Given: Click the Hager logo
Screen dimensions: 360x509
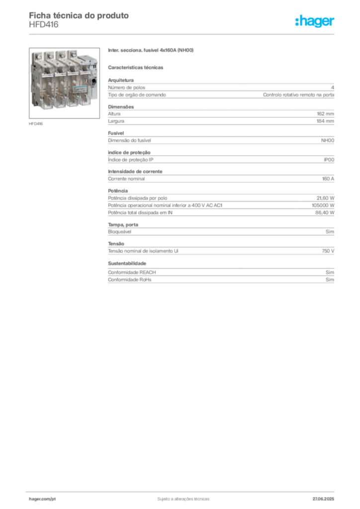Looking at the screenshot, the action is [315, 21].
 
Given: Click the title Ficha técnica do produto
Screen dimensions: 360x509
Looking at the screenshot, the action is [79, 15].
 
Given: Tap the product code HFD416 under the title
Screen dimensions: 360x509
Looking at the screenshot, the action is [43, 25].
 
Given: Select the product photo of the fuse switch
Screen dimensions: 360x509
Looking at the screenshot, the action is [64, 83].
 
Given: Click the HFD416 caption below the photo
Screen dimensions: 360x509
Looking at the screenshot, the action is [36, 124].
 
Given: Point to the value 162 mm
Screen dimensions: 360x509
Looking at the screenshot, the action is [325, 114].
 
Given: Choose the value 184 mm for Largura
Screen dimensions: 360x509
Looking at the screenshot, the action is [325, 121].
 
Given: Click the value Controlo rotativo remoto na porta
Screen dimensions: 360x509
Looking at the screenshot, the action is [298, 95].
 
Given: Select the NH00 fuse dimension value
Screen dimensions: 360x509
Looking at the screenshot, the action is [328, 141].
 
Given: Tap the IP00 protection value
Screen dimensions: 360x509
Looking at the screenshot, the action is [329, 160].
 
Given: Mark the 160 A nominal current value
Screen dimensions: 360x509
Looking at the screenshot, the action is [328, 179].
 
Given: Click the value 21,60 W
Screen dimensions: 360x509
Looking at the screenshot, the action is [325, 198].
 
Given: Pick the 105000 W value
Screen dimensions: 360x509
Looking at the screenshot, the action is [323, 205].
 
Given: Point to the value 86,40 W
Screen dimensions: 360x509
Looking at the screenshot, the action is [325, 213].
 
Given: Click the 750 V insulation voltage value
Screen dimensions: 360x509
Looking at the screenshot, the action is [328, 251].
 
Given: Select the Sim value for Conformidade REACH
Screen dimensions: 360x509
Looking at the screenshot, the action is [330, 272].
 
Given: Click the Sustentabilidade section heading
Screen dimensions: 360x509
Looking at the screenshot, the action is [127, 263].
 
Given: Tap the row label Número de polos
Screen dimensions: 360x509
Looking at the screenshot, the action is [127, 87].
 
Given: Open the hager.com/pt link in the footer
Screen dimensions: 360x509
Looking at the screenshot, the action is [42, 499].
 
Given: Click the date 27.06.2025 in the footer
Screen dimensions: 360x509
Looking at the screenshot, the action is [323, 499].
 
